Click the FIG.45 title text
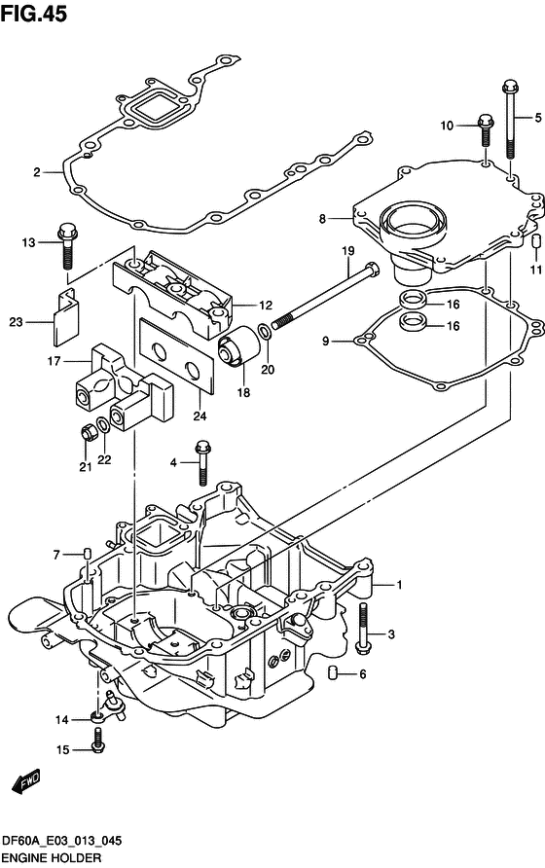[34, 14]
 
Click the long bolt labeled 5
[510, 120]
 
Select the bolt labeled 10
[486, 129]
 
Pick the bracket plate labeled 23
[66, 317]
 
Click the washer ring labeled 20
[266, 332]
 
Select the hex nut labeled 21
[88, 432]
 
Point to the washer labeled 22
[103, 425]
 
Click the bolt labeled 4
[202, 463]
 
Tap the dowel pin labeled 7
[87, 553]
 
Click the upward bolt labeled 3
[363, 628]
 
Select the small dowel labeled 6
[334, 672]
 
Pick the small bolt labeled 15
[98, 741]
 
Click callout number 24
[200, 416]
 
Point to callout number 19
[347, 251]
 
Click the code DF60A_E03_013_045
[62, 842]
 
